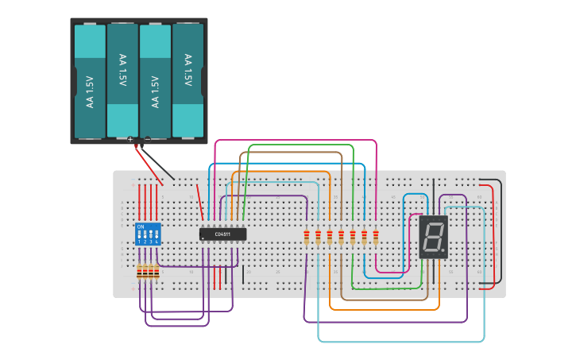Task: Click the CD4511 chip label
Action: [x=222, y=234]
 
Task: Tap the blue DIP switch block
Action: [x=149, y=235]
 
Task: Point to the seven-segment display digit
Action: [x=433, y=237]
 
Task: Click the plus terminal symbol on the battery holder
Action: [x=130, y=139]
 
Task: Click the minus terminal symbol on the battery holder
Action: [x=147, y=139]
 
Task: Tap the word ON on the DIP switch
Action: [x=141, y=227]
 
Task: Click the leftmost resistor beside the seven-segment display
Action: [x=307, y=237]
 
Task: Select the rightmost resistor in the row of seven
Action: [x=375, y=237]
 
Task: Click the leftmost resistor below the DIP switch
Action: [x=140, y=273]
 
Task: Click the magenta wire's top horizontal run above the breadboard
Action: [x=294, y=140]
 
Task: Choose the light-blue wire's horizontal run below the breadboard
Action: [x=397, y=342]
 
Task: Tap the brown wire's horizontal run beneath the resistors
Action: [x=381, y=300]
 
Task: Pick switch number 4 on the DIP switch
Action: [x=157, y=238]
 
